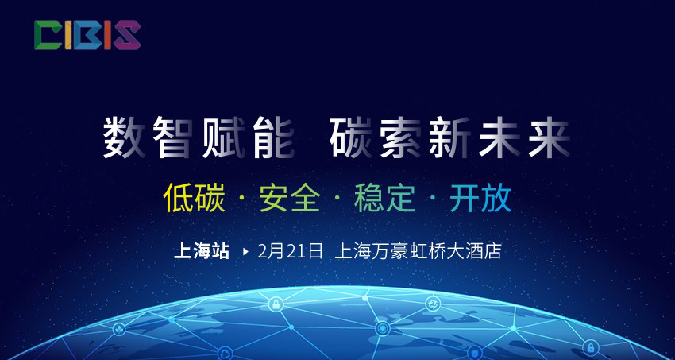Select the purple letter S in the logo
point(126,35)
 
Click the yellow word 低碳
point(195,199)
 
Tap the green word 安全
point(290,199)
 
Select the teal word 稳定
point(384,199)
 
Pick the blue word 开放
point(480,199)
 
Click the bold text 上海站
point(202,251)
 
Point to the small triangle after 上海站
point(246,251)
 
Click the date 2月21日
point(290,251)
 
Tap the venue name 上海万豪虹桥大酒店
point(418,251)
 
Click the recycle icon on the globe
point(433,304)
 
